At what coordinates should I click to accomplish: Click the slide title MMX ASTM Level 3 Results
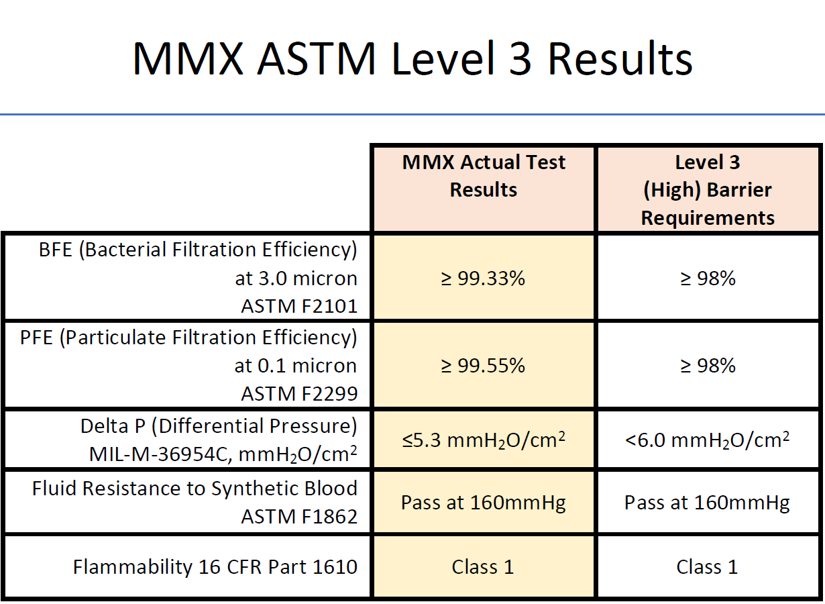pyautogui.click(x=412, y=58)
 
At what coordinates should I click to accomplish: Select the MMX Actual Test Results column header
pyautogui.click(x=484, y=176)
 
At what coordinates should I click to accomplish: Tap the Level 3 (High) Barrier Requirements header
pyautogui.click(x=708, y=190)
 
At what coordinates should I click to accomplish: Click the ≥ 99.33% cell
pyautogui.click(x=484, y=278)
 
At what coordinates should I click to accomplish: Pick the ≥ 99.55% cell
pyautogui.click(x=484, y=365)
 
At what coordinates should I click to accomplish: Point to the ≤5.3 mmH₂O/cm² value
pyautogui.click(x=484, y=440)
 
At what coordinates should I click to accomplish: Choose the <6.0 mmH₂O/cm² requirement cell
pyautogui.click(x=708, y=440)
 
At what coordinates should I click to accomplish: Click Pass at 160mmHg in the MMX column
pyautogui.click(x=484, y=503)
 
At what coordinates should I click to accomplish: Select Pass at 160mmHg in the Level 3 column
pyautogui.click(x=708, y=503)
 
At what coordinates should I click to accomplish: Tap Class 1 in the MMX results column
pyautogui.click(x=483, y=567)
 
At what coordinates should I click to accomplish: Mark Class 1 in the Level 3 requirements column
pyautogui.click(x=708, y=567)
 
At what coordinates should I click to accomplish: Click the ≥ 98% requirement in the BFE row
pyautogui.click(x=708, y=278)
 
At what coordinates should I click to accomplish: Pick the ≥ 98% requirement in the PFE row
pyautogui.click(x=708, y=365)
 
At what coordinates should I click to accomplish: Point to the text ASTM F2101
pyautogui.click(x=299, y=307)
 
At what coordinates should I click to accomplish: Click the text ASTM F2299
pyautogui.click(x=299, y=394)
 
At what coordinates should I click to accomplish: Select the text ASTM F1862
pyautogui.click(x=299, y=517)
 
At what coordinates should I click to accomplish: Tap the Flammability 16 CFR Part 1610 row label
pyautogui.click(x=215, y=567)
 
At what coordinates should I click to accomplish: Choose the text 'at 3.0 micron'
pyautogui.click(x=296, y=278)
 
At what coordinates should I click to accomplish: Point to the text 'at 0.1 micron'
pyautogui.click(x=296, y=365)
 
